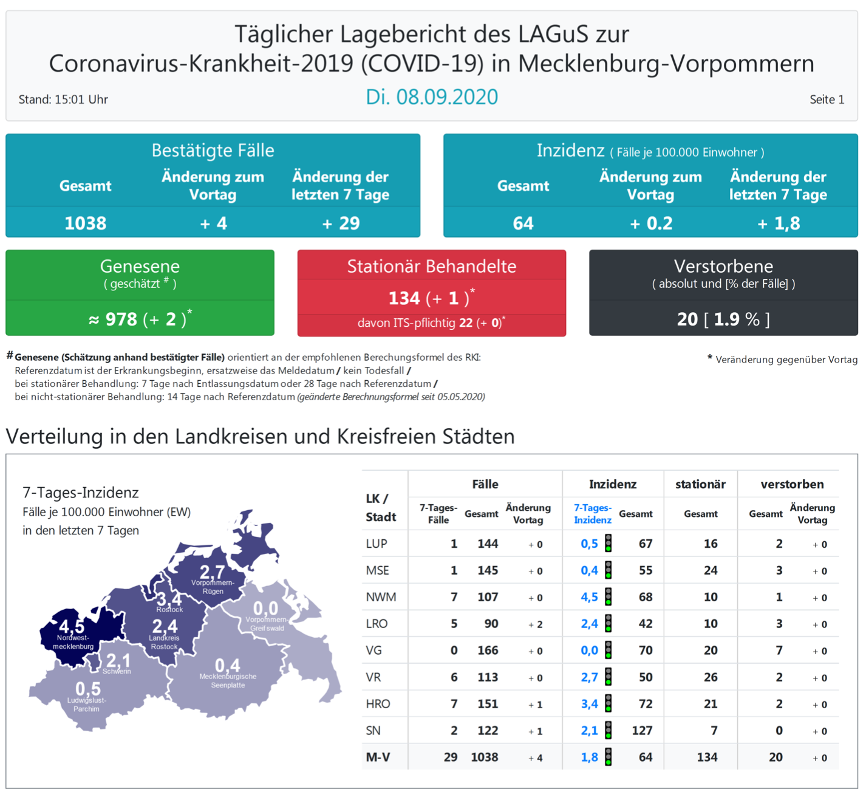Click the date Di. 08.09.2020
pos(432,97)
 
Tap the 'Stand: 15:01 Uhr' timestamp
pos(63,100)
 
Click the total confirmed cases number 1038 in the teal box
pos(85,224)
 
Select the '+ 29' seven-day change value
pos(341,224)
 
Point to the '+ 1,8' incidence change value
pos(778,224)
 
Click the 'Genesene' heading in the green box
pos(140,266)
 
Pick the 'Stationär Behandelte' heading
pos(431,266)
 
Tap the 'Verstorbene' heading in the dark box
pos(723,266)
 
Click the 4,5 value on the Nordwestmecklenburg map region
pos(72,626)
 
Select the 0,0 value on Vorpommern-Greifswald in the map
pos(265,608)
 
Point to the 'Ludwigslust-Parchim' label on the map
pos(86,705)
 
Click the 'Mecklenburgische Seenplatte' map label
pos(228,681)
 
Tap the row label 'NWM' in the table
pos(381,597)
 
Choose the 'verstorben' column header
pos(792,484)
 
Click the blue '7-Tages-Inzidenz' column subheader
pos(592,514)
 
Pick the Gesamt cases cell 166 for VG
pos(487,650)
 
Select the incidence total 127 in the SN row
pos(642,731)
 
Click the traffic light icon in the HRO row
pos(608,704)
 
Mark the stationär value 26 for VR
pos(711,677)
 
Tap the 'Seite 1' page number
pos(827,100)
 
